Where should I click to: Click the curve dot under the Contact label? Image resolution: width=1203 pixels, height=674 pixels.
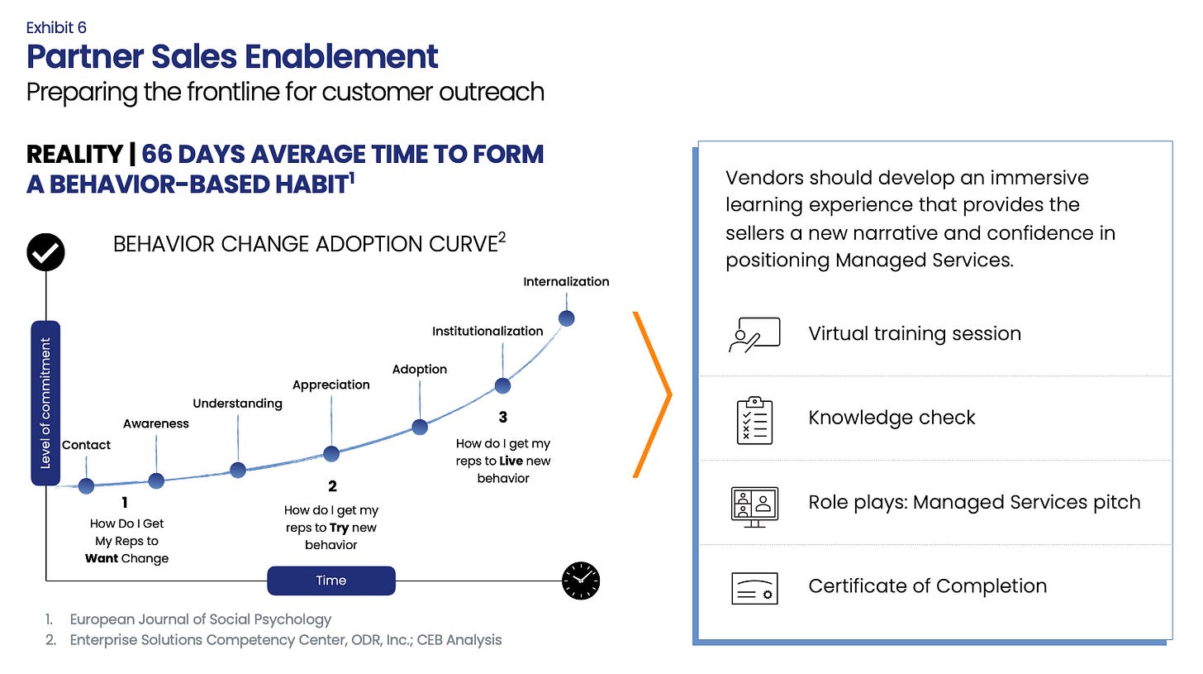pos(86,485)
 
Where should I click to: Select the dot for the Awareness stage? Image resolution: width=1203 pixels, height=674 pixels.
pos(156,480)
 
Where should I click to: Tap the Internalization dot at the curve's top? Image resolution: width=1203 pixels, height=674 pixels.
pos(567,318)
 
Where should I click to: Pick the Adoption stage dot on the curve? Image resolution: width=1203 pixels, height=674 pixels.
pos(420,427)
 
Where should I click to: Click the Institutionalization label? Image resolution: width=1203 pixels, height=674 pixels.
pos(487,331)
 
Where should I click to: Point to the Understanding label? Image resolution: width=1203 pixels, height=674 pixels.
pos(237,403)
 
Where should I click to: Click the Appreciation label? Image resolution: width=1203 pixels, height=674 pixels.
pos(330,385)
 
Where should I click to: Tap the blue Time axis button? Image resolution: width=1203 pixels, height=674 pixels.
pos(330,581)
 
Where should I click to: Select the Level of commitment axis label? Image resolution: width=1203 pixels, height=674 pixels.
pos(45,403)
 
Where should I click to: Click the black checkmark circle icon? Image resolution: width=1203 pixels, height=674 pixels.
pos(46,252)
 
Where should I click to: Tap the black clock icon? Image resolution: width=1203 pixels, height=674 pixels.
pos(581,581)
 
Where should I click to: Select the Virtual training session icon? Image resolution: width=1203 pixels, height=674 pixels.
pos(754,334)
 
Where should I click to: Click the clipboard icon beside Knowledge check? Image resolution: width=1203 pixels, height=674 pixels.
pos(754,419)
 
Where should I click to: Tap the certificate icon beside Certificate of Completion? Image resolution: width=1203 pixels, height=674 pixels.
pos(754,588)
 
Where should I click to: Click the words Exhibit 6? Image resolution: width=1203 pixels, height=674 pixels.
pos(56,28)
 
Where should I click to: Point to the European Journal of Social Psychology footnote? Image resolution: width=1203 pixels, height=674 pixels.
pos(200,619)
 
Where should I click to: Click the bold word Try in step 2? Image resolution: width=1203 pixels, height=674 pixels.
pos(339,528)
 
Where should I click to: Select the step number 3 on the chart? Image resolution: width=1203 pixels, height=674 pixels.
pos(503,416)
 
